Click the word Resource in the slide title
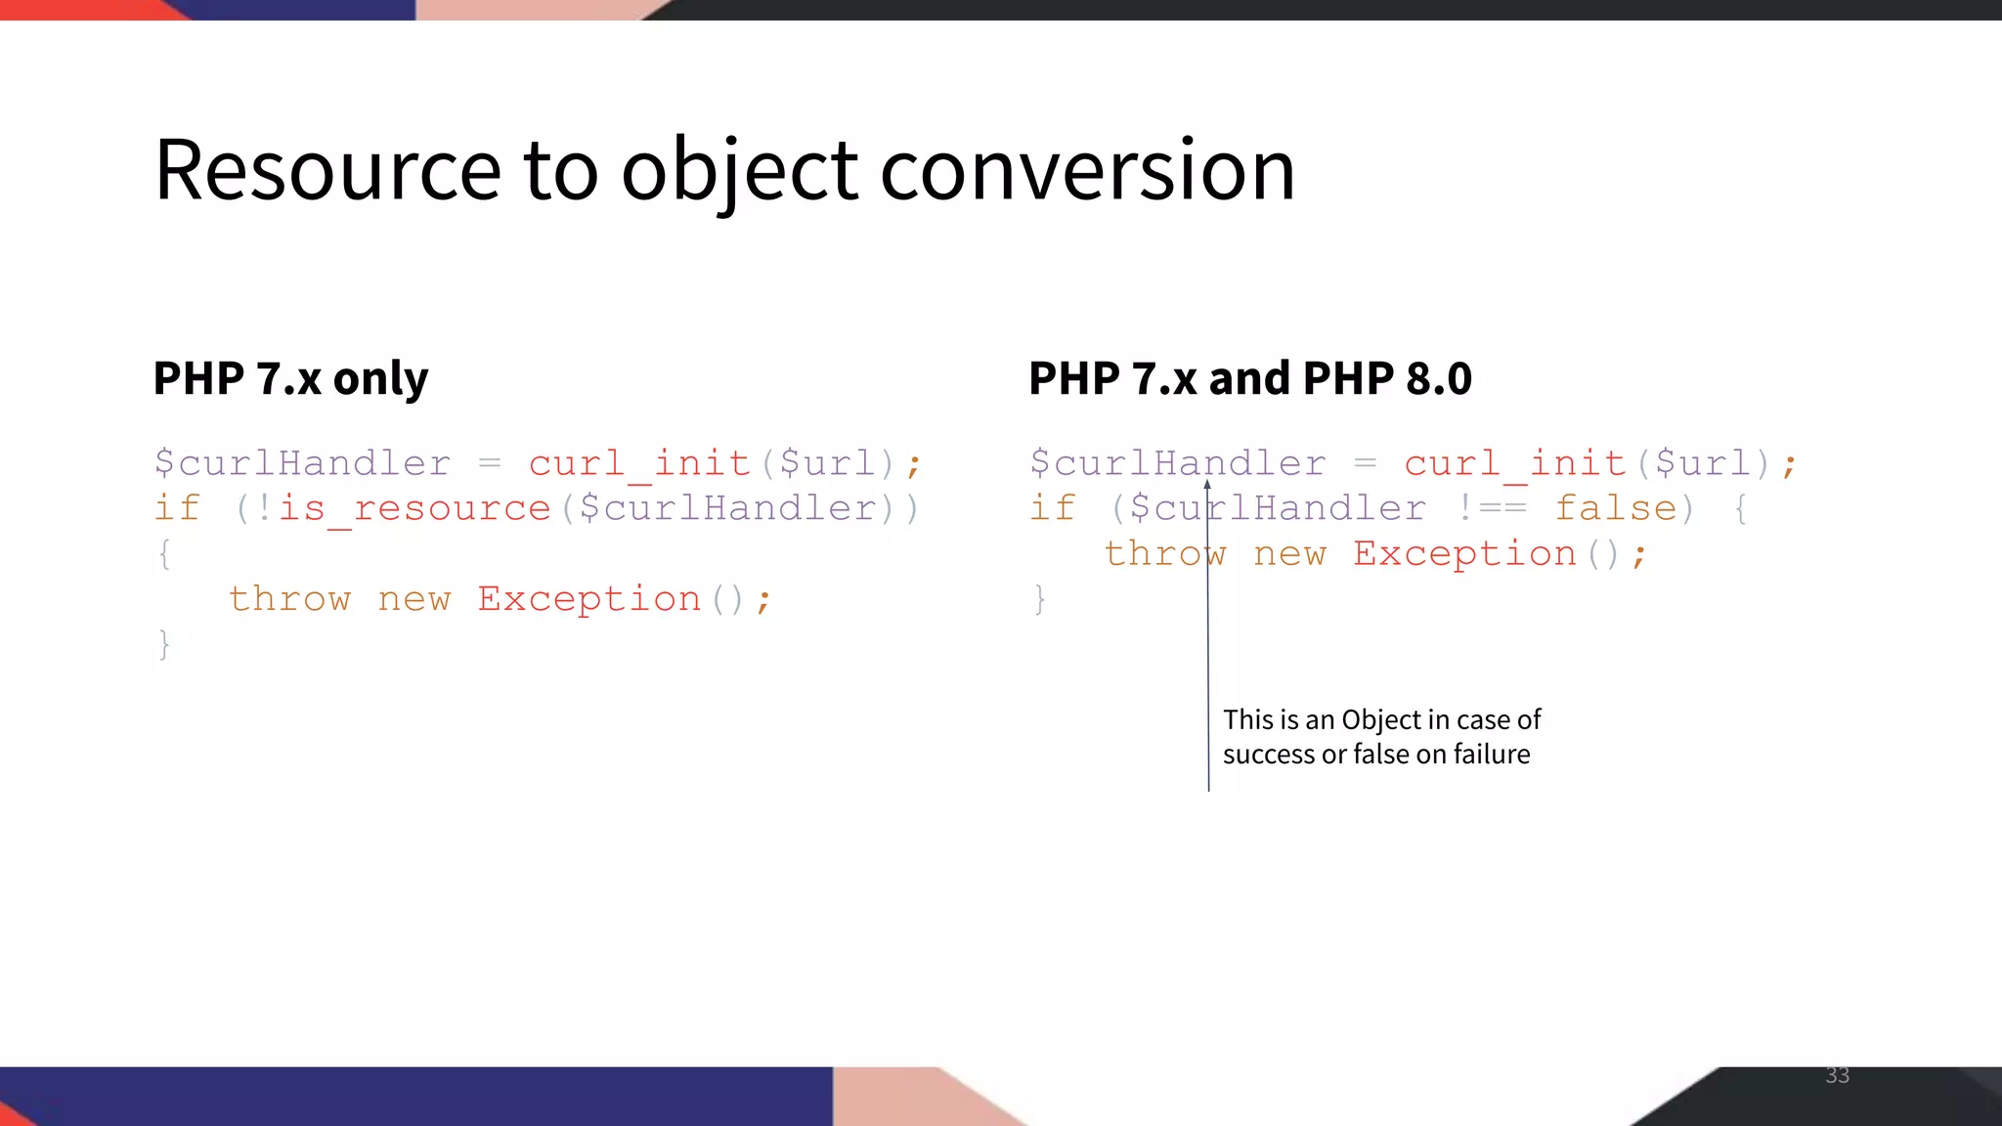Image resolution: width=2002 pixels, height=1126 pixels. pos(326,170)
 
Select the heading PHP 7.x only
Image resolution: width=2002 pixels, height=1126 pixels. pos(290,378)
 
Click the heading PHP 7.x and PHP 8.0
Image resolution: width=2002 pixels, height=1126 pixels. pos(1249,378)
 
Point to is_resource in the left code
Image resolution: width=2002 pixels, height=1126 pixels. pos(414,509)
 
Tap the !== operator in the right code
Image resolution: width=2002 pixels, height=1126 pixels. pos(1491,509)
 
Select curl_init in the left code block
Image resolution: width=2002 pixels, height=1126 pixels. pos(639,463)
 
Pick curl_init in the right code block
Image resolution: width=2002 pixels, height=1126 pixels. pos(1515,463)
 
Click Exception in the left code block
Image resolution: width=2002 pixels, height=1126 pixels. pos(589,599)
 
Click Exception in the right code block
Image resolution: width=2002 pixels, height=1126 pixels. pos(1464,554)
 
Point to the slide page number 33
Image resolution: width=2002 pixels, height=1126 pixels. pos(1837,1075)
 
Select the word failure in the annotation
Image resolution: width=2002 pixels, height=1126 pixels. pos(1491,755)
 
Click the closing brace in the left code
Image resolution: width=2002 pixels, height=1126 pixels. pos(164,645)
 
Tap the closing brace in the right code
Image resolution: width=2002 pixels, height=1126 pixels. pos(1039,599)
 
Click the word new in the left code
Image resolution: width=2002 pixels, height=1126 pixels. pos(414,599)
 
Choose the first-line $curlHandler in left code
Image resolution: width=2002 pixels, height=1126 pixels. pos(303,463)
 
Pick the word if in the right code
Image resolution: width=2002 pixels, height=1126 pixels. pos(1053,509)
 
